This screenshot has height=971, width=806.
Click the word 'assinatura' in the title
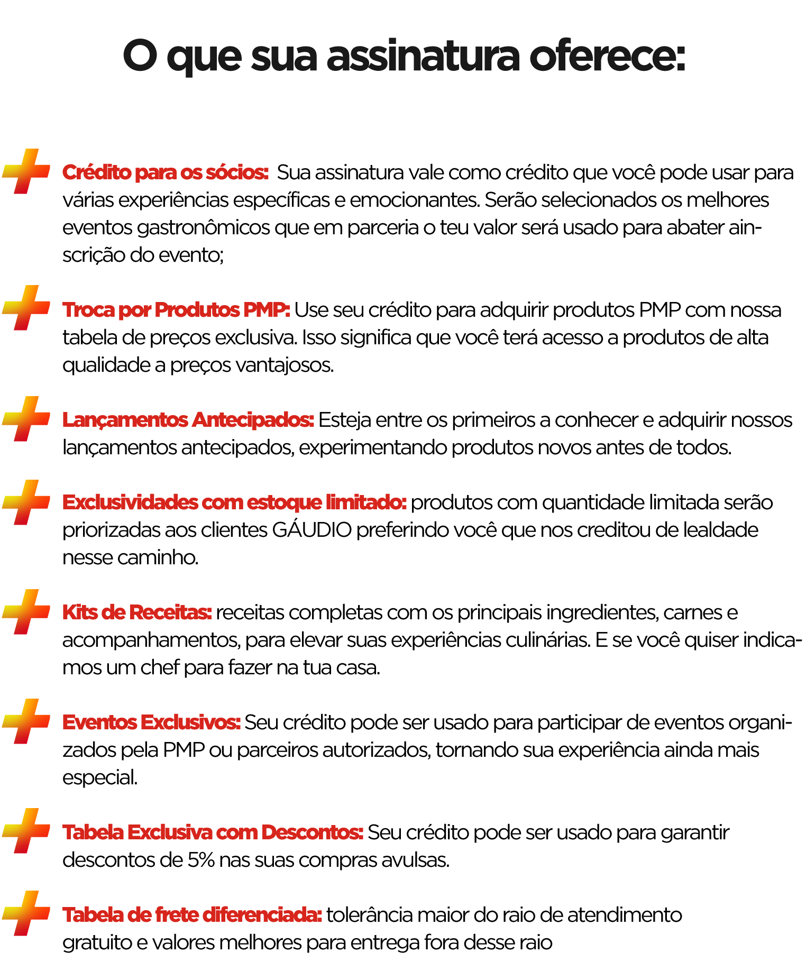tap(423, 56)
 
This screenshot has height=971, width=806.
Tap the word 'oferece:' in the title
tap(607, 56)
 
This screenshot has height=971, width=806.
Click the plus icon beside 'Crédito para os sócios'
tap(26, 171)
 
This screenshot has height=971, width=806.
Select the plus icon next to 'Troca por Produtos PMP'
tap(26, 308)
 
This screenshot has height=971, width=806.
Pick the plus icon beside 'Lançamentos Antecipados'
tap(26, 419)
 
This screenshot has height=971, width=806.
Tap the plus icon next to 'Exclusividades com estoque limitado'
tap(26, 502)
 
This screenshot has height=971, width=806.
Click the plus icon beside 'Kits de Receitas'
tap(26, 612)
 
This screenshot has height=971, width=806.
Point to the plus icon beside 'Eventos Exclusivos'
tap(26, 721)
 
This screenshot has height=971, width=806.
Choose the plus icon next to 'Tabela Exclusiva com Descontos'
tap(26, 831)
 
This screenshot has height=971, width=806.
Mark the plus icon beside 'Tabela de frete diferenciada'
tap(26, 913)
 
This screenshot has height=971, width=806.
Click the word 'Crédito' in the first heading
tap(97, 172)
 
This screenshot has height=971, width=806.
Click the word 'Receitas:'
tap(170, 612)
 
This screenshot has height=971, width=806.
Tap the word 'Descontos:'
tap(313, 832)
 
